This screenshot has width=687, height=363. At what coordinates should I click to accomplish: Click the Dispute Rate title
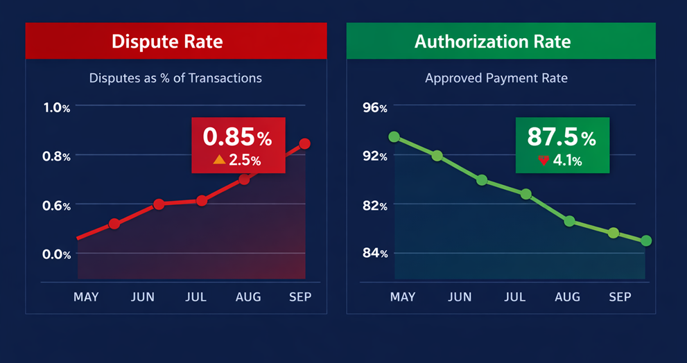[167, 41]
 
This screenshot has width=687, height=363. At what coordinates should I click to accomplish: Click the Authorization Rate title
[492, 41]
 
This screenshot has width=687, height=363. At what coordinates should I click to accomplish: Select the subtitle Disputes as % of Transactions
[175, 78]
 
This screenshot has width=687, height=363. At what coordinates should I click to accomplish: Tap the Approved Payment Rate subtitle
[496, 78]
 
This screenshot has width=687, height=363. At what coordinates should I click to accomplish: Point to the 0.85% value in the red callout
[237, 137]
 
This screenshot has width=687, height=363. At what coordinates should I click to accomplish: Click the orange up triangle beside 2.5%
[219, 160]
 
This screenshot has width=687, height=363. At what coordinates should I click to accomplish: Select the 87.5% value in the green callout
[561, 136]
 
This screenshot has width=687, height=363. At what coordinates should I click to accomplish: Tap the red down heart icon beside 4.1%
[543, 160]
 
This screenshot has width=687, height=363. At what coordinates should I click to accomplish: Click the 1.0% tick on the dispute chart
[57, 107]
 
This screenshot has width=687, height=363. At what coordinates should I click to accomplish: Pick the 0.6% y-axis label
[57, 206]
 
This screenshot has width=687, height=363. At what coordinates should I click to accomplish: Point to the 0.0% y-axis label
[57, 254]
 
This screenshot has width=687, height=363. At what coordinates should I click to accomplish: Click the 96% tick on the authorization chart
[375, 107]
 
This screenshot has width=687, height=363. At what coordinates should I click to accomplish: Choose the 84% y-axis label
[375, 254]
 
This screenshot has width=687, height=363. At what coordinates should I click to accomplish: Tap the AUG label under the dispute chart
[248, 297]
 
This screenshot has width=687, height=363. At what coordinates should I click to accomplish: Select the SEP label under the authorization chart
[620, 296]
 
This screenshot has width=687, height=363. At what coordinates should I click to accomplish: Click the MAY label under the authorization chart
[403, 296]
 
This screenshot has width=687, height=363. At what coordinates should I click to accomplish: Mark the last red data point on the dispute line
[304, 144]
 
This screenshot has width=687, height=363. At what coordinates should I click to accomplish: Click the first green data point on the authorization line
[394, 137]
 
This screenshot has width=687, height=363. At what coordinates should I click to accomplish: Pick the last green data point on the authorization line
[646, 241]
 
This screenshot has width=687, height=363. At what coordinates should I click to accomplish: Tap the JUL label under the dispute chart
[196, 297]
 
